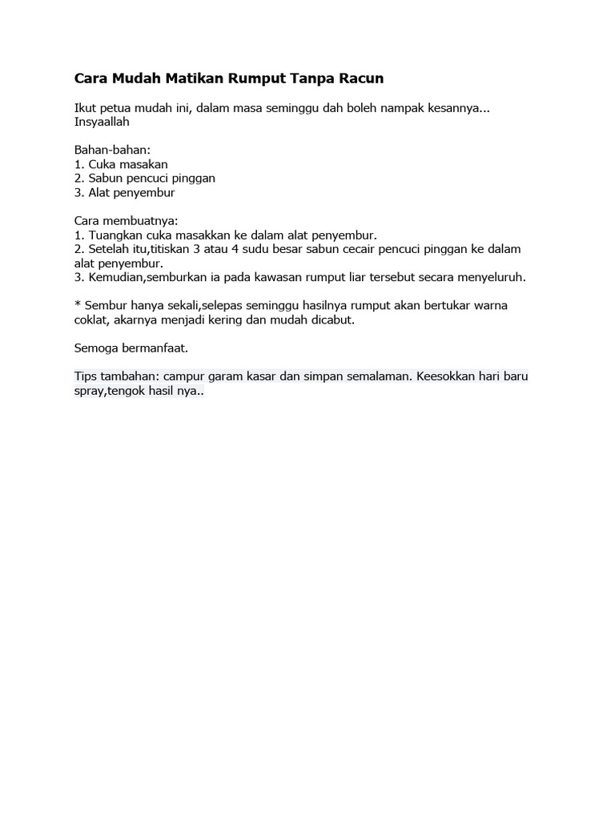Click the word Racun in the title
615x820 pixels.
(360, 78)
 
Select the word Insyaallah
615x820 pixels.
(102, 122)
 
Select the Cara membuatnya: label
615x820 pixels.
(126, 220)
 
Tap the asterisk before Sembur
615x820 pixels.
(77, 304)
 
